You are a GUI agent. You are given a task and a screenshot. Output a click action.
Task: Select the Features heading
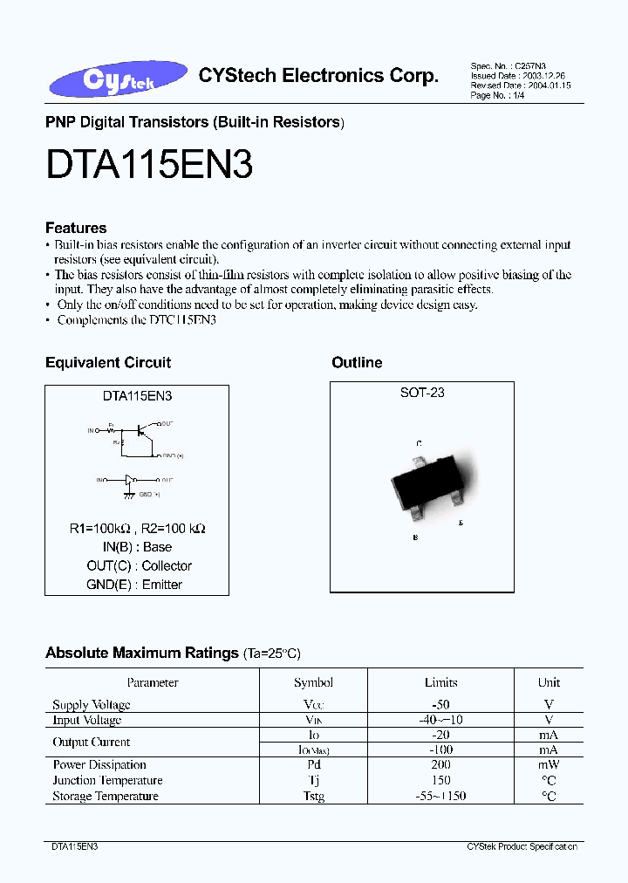pyautogui.click(x=76, y=228)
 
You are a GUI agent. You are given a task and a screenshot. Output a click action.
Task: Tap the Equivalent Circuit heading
pyautogui.click(x=108, y=363)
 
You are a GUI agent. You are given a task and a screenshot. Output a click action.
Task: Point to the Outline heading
pyautogui.click(x=357, y=363)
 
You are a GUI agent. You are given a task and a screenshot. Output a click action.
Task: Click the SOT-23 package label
pyautogui.click(x=422, y=394)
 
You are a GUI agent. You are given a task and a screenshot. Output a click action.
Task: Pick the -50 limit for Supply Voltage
pyautogui.click(x=440, y=704)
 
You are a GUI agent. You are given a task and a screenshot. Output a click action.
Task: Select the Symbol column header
pyautogui.click(x=313, y=683)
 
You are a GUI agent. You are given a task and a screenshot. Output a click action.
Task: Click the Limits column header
pyautogui.click(x=440, y=683)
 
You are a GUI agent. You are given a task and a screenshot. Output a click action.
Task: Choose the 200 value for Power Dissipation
pyautogui.click(x=440, y=765)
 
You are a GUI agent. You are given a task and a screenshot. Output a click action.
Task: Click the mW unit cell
pyautogui.click(x=549, y=765)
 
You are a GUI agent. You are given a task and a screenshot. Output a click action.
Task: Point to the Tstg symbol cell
pyautogui.click(x=313, y=797)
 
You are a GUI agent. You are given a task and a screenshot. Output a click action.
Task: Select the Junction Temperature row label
pyautogui.click(x=107, y=781)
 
